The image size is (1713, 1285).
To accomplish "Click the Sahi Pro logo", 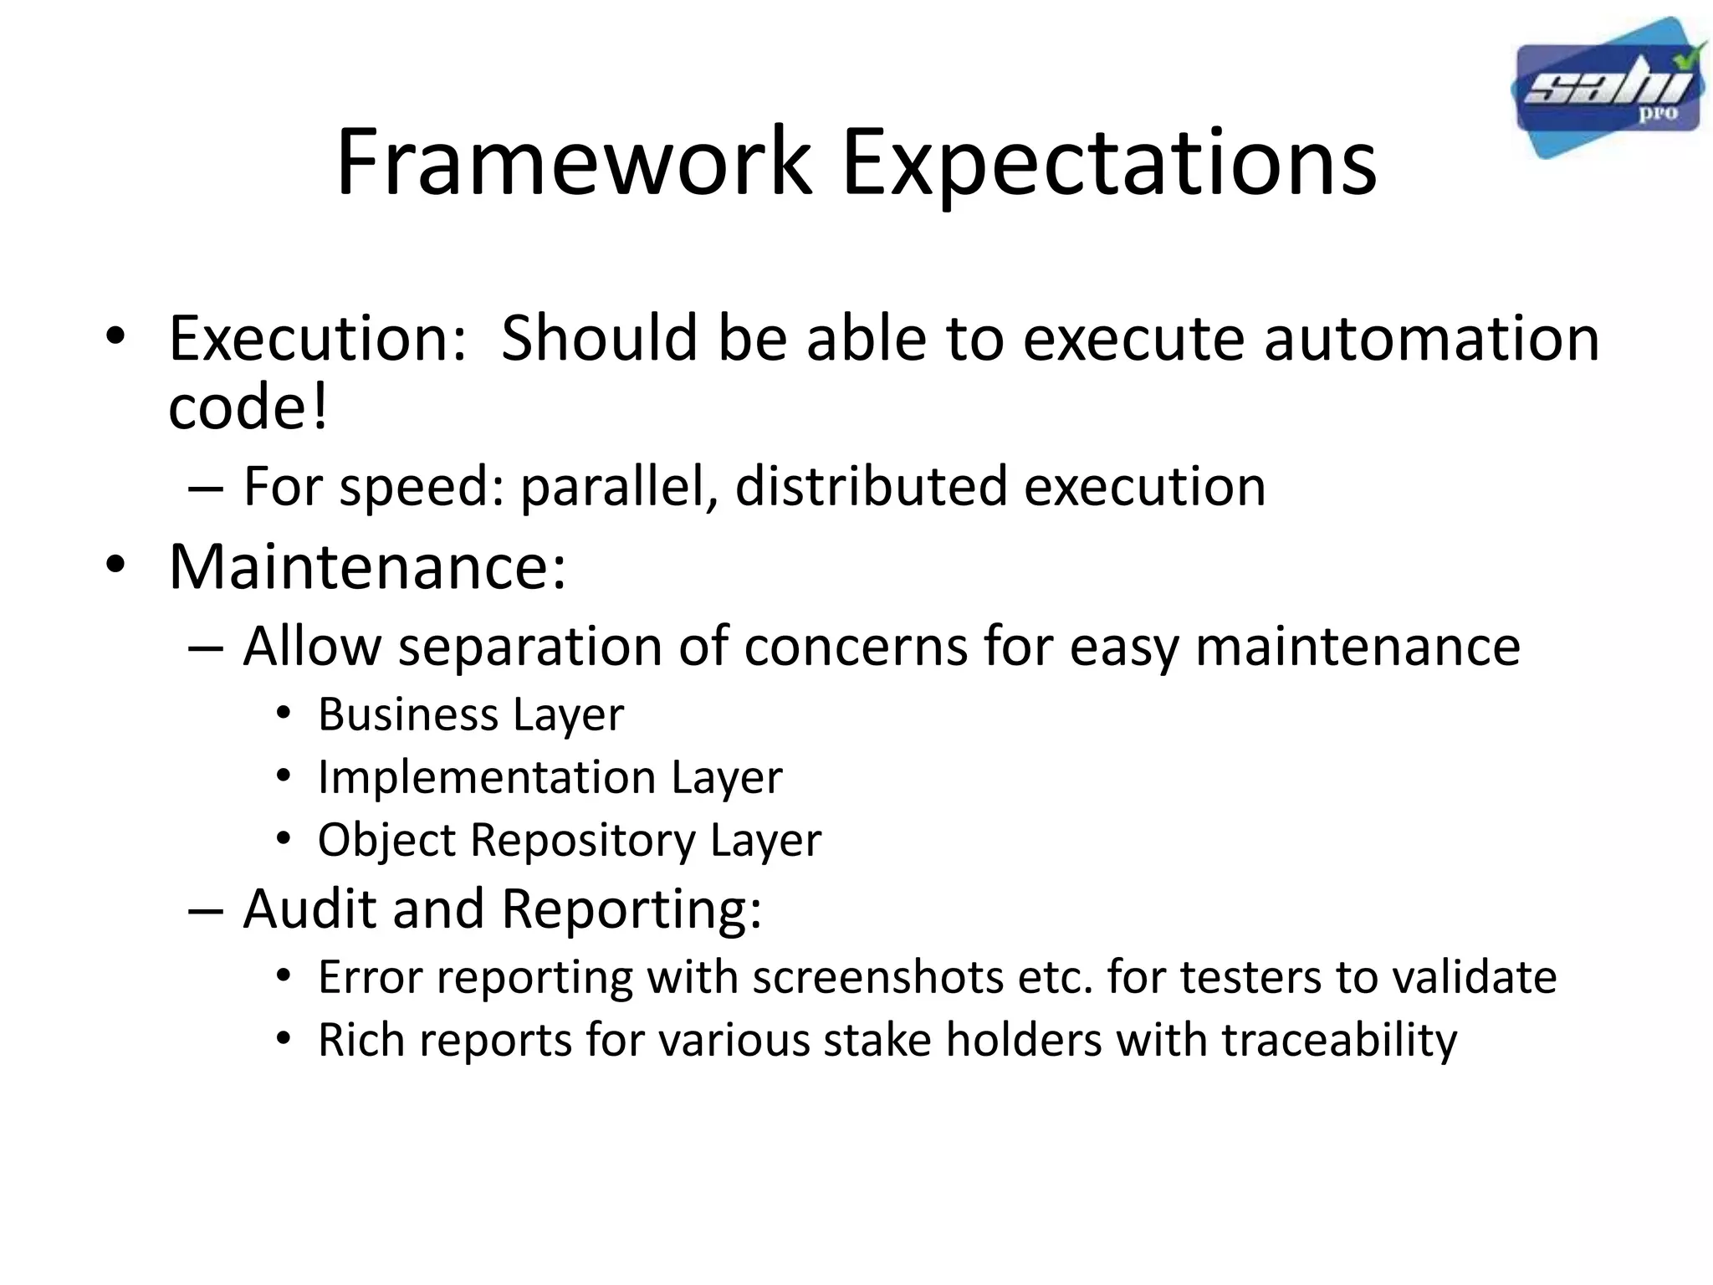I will (1608, 89).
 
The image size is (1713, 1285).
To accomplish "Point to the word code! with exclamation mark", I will (248, 407).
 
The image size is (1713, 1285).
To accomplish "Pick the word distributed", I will (870, 487).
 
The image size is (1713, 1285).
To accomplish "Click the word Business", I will (408, 714).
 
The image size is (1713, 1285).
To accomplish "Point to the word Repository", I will (582, 839).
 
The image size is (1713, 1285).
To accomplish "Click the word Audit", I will (309, 909).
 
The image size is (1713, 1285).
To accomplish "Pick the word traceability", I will (1339, 1040).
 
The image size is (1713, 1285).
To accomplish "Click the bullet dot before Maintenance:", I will (115, 566).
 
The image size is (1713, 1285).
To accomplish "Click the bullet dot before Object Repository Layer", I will (284, 837).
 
